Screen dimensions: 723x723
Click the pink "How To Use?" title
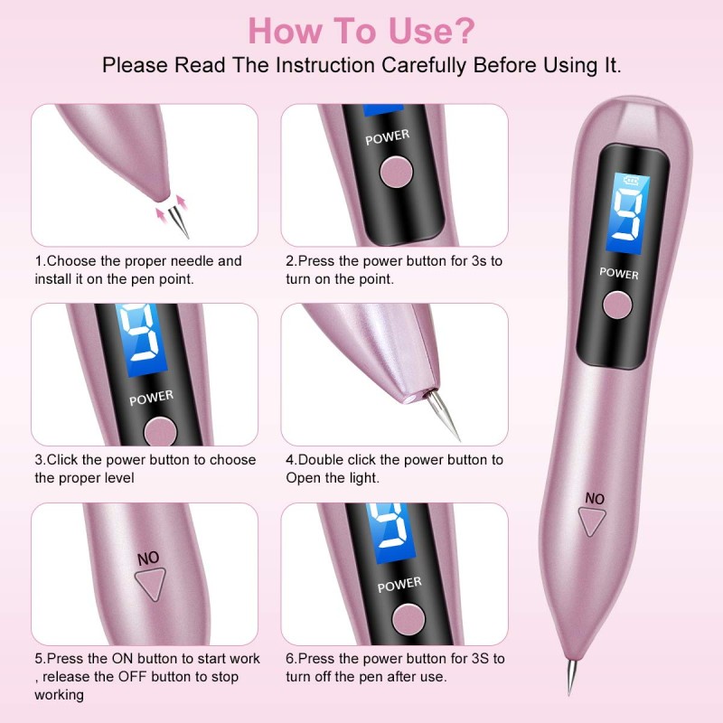click(x=361, y=30)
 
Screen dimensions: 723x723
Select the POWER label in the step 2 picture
click(x=387, y=137)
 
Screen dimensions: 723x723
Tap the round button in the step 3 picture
click(x=159, y=431)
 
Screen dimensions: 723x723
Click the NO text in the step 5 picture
click(x=147, y=558)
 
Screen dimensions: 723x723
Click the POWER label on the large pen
click(x=618, y=272)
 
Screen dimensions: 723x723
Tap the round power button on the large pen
click(x=619, y=305)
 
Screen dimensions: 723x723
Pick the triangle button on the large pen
click(x=593, y=522)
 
